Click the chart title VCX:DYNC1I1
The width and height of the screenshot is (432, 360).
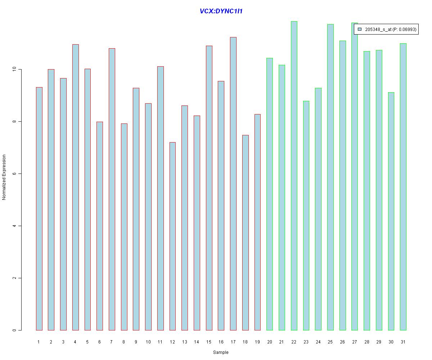tap(221, 11)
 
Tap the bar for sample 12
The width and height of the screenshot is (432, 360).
tap(172, 236)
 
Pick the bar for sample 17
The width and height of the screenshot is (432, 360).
tap(233, 184)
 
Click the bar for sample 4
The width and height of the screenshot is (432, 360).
tap(75, 187)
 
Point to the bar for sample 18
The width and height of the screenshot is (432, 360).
tap(246, 233)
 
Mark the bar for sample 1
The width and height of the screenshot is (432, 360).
tap(39, 209)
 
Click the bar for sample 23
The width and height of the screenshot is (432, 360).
tap(306, 216)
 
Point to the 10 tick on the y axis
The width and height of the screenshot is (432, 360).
tap(20, 69)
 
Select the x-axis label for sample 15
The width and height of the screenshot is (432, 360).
tap(209, 342)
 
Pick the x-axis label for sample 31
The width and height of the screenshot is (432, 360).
tap(403, 342)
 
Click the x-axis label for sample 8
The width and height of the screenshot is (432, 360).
tap(124, 342)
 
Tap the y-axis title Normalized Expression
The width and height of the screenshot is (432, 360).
tap(4, 177)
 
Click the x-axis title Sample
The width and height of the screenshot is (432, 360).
tap(221, 352)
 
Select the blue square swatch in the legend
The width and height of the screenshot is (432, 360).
tap(359, 29)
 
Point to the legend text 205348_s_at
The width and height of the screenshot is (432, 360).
tap(378, 30)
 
